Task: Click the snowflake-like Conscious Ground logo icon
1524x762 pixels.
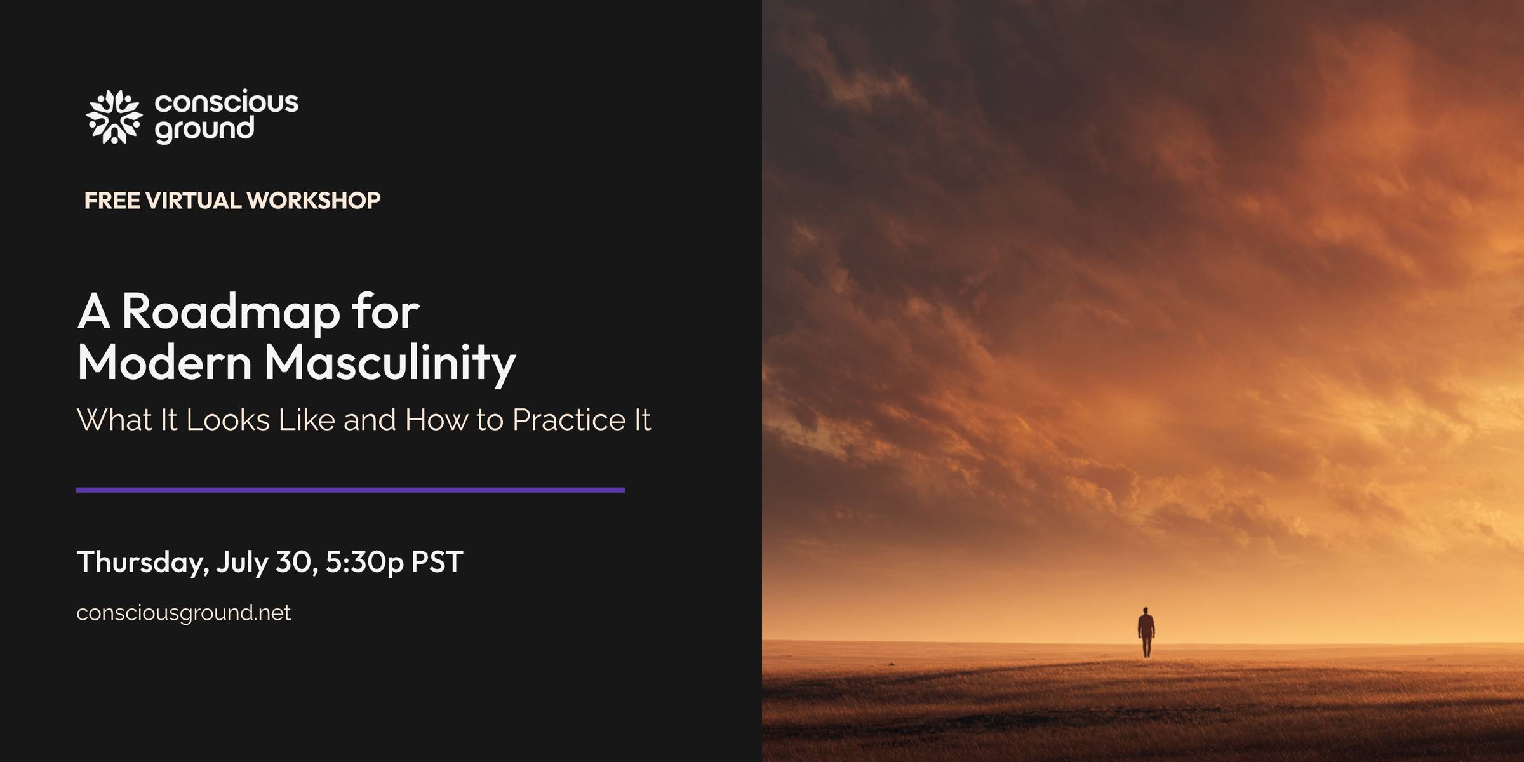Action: point(114,117)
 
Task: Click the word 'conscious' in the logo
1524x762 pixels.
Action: point(226,102)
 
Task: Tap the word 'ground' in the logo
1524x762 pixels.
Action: point(204,130)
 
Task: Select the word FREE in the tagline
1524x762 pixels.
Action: point(112,201)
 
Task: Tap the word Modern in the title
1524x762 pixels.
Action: point(164,362)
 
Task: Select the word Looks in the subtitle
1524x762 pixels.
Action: point(228,420)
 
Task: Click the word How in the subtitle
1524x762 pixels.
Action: point(436,420)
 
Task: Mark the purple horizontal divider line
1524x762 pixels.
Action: point(351,490)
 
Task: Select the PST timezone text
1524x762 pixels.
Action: point(437,562)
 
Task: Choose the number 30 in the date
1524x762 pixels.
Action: point(297,562)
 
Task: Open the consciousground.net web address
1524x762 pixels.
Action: point(184,613)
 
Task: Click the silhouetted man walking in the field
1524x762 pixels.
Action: point(1146,632)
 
